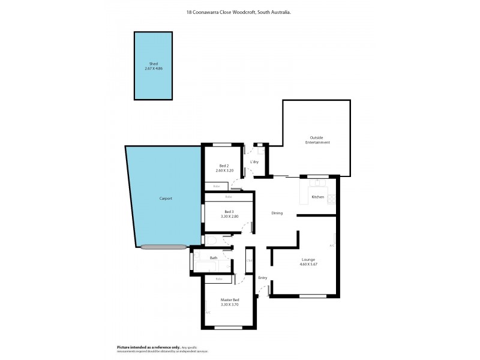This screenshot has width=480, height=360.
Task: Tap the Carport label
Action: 166,199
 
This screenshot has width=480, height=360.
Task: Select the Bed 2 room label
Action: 224,166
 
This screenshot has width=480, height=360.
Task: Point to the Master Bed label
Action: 230,300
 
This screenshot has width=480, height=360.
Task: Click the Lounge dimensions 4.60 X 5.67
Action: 308,265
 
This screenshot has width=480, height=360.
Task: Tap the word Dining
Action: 277,213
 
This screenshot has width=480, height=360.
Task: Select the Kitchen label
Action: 317,197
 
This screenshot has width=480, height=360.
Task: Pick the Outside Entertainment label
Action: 317,140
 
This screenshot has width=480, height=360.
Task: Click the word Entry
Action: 263,278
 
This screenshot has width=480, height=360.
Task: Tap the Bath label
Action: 213,257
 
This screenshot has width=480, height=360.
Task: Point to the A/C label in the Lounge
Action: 332,245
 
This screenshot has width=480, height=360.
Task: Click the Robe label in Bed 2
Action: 216,187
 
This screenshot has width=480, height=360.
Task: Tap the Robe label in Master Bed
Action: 219,279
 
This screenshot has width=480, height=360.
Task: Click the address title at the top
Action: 239,11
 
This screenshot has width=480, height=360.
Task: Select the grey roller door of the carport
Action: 164,246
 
